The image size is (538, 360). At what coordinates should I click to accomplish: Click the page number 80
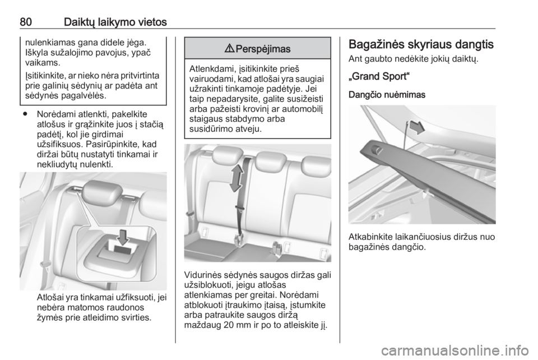point(26,22)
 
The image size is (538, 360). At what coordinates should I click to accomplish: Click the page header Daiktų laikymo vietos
point(115,22)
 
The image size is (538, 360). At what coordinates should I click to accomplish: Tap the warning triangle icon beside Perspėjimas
point(230,49)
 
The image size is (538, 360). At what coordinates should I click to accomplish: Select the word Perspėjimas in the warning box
point(263,49)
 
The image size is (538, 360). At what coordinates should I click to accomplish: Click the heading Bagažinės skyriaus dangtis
point(421,45)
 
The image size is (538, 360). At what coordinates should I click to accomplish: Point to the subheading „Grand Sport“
point(379,76)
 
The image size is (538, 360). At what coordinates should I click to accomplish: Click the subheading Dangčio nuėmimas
point(387,95)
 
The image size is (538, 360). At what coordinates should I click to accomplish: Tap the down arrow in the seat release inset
point(123,237)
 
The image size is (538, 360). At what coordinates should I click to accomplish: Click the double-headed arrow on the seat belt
point(236,178)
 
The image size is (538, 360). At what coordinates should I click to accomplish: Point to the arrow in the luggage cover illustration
point(417,128)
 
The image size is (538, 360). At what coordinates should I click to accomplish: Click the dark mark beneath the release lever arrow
point(123,250)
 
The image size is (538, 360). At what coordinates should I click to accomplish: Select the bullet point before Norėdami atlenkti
point(25,114)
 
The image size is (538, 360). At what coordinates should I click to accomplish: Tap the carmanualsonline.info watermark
point(455,350)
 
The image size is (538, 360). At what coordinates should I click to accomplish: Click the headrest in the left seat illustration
point(102,192)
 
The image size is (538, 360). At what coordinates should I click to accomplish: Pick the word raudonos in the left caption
point(124,307)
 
